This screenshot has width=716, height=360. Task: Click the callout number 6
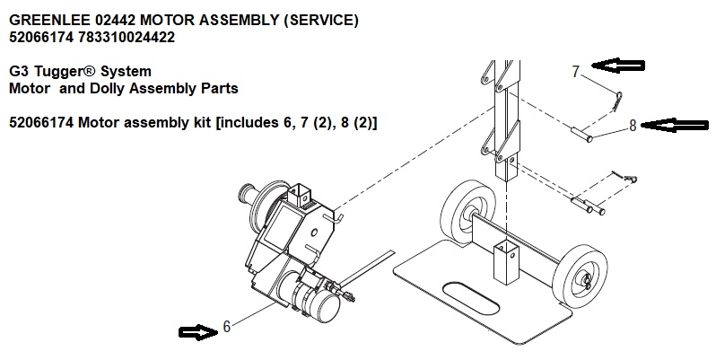pyautogui.click(x=226, y=328)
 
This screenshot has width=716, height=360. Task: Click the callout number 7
pyautogui.click(x=577, y=71)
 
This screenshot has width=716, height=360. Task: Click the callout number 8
pyautogui.click(x=633, y=126)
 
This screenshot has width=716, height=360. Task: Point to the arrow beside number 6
pyautogui.click(x=197, y=332)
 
